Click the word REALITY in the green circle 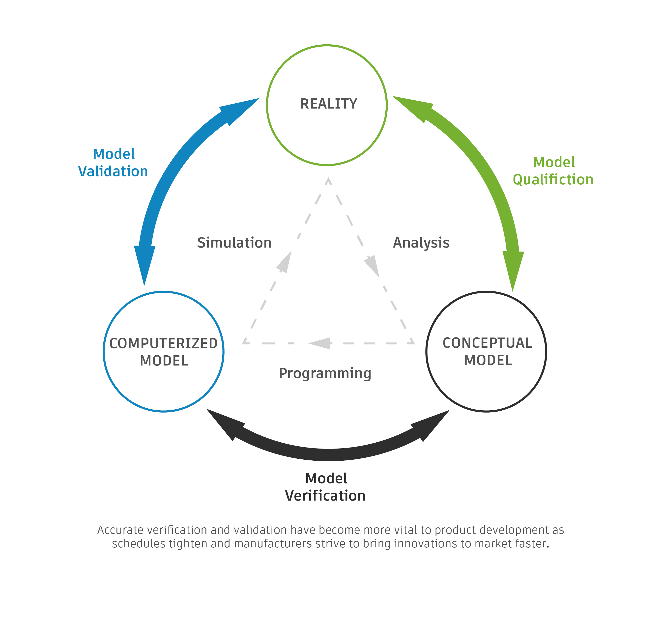(328, 104)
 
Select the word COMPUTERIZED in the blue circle (163, 343)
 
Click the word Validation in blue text (113, 171)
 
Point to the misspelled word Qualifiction (553, 179)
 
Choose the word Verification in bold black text (325, 496)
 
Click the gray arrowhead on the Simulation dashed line (285, 263)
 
